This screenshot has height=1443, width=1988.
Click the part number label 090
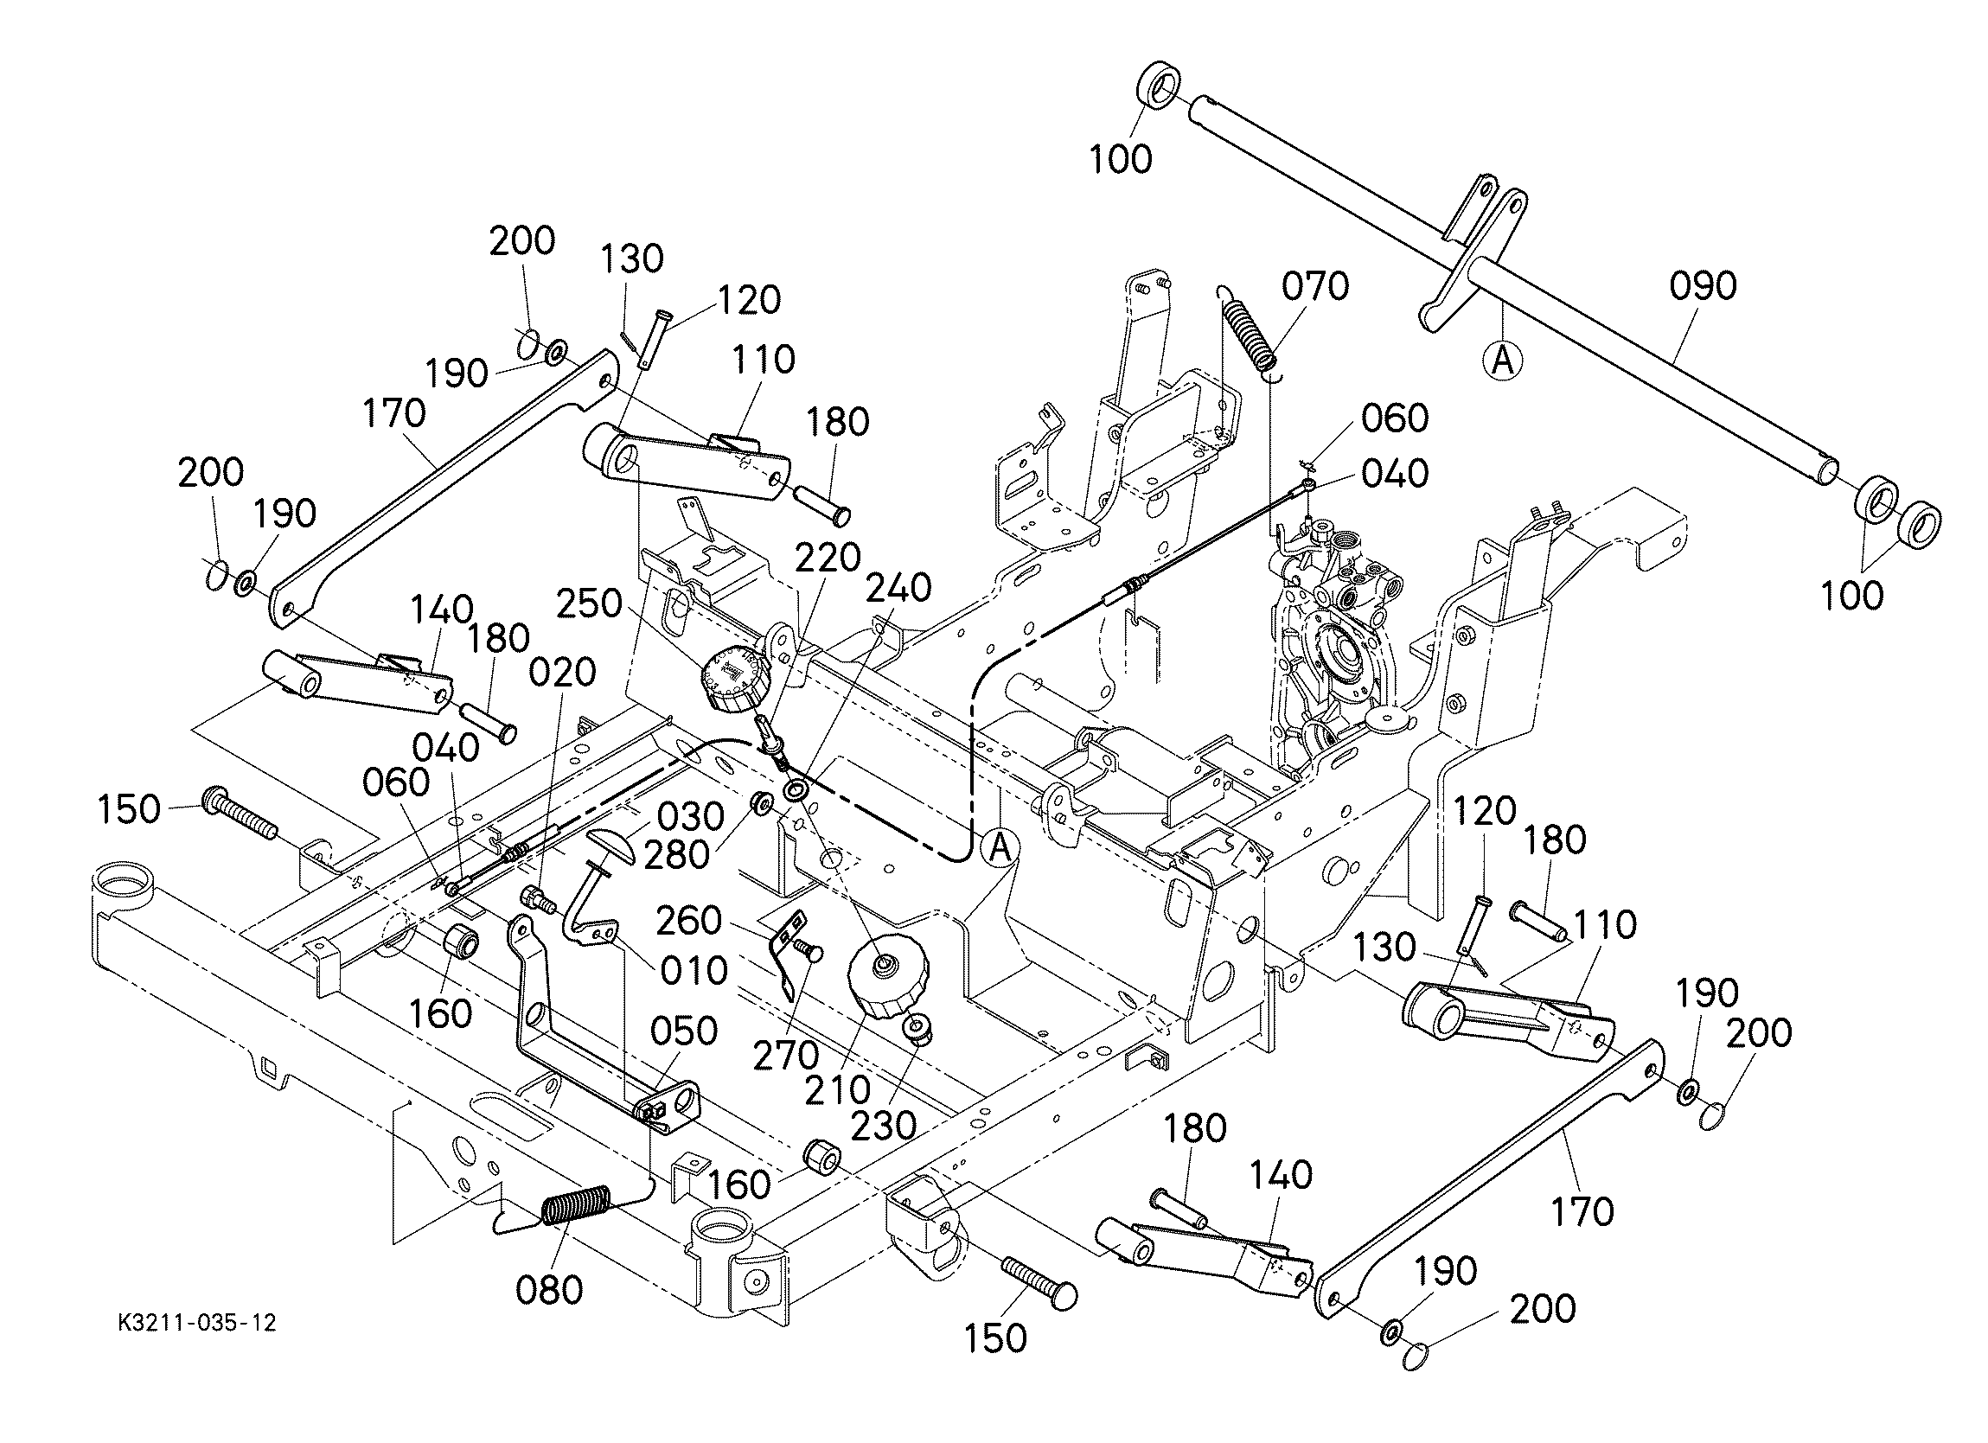point(1703,287)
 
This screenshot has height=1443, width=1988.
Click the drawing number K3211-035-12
point(197,1323)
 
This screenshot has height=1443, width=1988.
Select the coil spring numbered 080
point(574,1207)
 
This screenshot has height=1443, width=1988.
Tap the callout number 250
point(589,604)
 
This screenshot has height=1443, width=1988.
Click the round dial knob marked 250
point(734,680)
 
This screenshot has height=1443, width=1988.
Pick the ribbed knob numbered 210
point(888,978)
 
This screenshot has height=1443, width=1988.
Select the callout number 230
point(884,1125)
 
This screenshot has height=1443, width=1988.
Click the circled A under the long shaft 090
point(1502,361)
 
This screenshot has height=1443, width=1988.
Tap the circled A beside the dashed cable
point(1000,849)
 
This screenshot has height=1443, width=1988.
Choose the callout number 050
point(685,1031)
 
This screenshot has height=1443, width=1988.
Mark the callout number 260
point(689,921)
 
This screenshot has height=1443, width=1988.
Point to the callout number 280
point(676,856)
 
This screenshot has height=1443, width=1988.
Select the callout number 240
point(898,588)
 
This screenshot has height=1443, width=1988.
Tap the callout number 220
point(828,557)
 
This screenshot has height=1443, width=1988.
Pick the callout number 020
point(563,674)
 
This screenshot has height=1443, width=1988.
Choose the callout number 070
point(1315,287)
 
